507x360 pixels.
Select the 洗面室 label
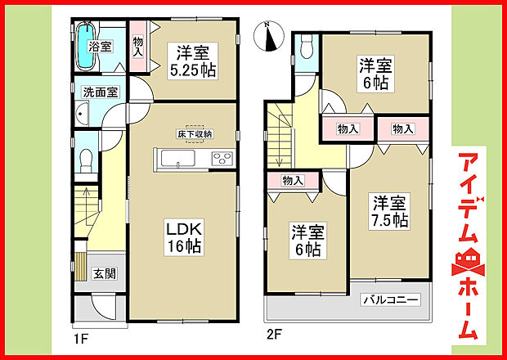pos(97,92)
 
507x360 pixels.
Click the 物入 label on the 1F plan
pos(138,47)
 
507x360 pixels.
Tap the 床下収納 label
pos(195,133)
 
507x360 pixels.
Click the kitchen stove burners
pos(222,159)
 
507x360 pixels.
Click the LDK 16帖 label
pos(186,236)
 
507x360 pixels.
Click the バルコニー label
pos(392,300)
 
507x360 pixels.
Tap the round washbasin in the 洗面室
pos(81,115)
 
